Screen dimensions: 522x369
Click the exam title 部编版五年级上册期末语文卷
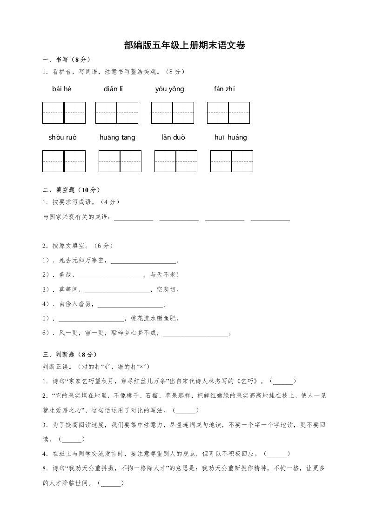pos(184,45)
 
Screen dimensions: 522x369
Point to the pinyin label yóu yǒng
pos(169,89)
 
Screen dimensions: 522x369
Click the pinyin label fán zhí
pos(224,89)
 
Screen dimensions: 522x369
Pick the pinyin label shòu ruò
pos(62,137)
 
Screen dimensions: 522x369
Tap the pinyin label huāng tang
pos(117,137)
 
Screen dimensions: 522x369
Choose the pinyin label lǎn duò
pos(173,137)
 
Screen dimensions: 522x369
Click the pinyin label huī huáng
pos(231,137)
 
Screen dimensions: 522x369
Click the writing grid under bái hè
pos(64,113)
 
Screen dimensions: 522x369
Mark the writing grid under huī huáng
pos(232,161)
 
